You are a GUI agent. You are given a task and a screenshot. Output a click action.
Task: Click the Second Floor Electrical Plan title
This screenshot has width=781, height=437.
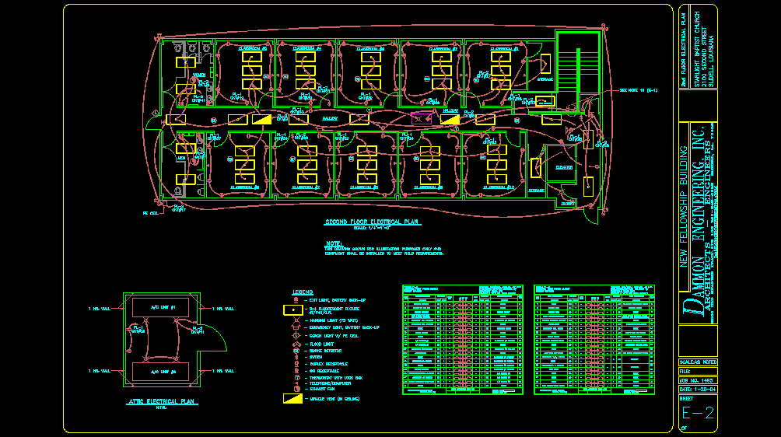(372, 222)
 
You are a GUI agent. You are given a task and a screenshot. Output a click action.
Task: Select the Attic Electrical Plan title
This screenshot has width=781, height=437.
(162, 402)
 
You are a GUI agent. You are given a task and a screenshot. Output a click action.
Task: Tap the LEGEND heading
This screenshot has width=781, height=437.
(303, 292)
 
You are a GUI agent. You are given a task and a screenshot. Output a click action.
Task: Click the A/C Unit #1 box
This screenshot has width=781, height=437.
(163, 308)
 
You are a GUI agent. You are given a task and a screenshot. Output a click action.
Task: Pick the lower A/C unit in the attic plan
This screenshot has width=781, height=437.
(163, 372)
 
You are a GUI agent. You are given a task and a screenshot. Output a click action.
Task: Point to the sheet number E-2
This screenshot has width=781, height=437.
(697, 413)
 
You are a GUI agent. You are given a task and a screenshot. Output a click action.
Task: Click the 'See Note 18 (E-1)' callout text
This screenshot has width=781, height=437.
(639, 90)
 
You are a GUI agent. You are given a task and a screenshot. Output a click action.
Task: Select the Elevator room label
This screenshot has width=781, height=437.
(563, 167)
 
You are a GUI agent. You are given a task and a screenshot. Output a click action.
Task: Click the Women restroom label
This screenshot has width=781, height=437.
(199, 75)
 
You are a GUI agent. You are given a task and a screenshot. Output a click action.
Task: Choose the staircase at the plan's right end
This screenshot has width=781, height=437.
(580, 70)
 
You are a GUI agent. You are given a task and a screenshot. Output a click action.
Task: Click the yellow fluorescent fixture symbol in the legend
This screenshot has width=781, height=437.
(292, 309)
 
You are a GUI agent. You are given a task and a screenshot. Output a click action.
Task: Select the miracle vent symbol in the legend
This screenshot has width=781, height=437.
(292, 398)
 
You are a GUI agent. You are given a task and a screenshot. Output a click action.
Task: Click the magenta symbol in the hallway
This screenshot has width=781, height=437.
(421, 118)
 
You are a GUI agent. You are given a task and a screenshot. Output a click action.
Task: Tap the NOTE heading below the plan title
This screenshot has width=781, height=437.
(334, 243)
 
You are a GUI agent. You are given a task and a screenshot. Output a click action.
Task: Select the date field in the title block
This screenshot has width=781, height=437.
(697, 389)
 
